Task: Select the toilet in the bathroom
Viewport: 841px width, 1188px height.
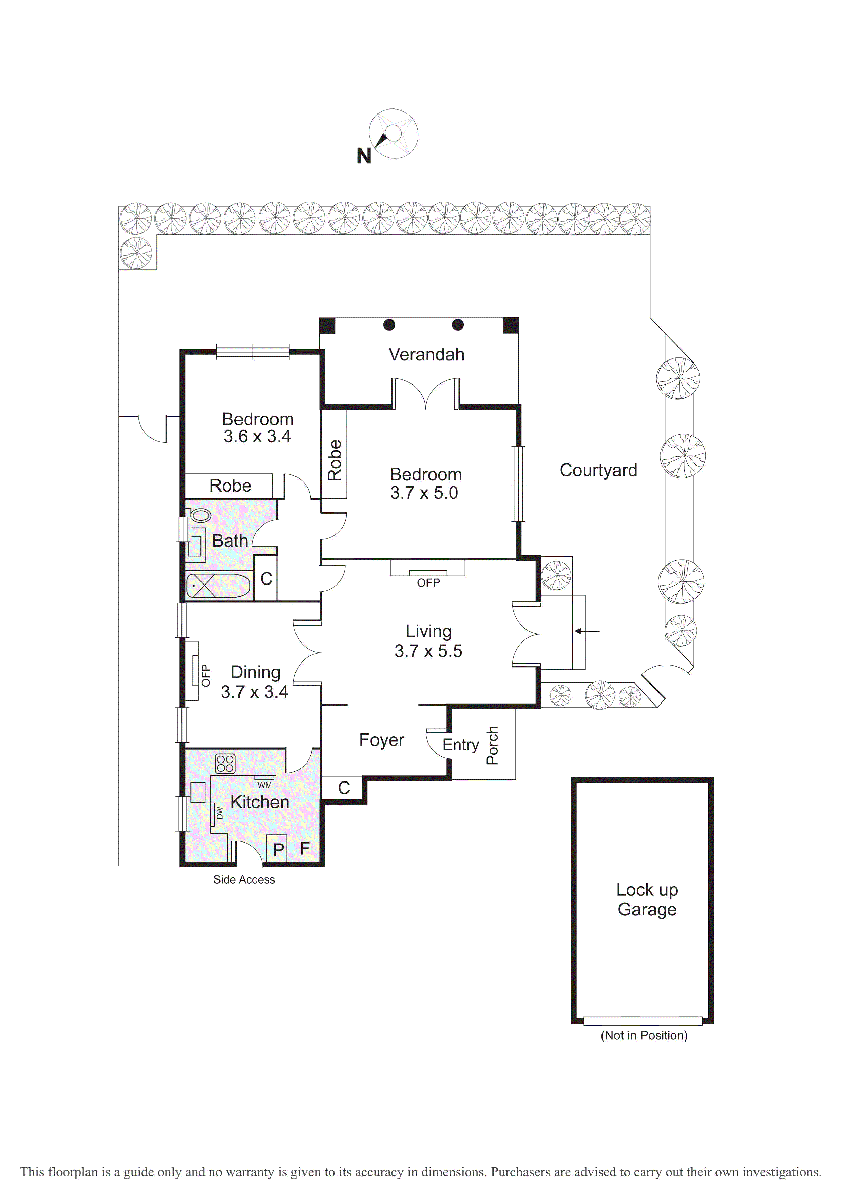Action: pos(200,515)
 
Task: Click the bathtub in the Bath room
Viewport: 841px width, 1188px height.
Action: pos(218,586)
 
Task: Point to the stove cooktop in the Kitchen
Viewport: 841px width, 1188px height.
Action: pos(225,763)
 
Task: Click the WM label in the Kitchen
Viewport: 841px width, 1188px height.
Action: pos(264,785)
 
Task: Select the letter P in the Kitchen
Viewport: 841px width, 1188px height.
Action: pos(279,849)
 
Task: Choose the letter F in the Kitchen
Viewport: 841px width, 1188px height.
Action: pos(305,848)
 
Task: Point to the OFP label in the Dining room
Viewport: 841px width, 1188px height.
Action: pos(206,675)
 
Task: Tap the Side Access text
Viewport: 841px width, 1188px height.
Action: pos(244,879)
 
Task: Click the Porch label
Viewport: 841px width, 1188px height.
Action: pos(492,745)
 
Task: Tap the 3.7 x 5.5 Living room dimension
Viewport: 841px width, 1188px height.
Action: pos(428,651)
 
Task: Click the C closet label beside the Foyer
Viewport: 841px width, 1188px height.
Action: pos(344,788)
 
